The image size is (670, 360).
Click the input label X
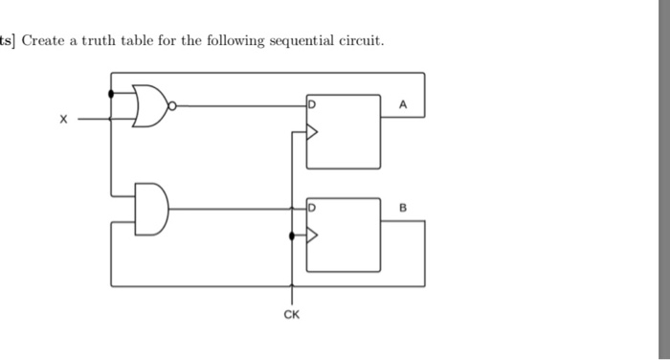(63, 121)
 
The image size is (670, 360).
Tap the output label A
(403, 107)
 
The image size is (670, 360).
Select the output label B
(403, 207)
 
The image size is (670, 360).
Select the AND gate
(152, 208)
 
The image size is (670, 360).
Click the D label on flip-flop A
(311, 102)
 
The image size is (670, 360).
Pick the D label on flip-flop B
(311, 207)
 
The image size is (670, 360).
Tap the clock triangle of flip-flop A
(310, 133)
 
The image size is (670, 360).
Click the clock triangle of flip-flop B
(310, 235)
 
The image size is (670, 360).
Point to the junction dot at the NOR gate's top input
(112, 93)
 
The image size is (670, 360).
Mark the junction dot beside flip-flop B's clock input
(292, 235)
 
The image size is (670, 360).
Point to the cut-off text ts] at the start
(9, 40)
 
